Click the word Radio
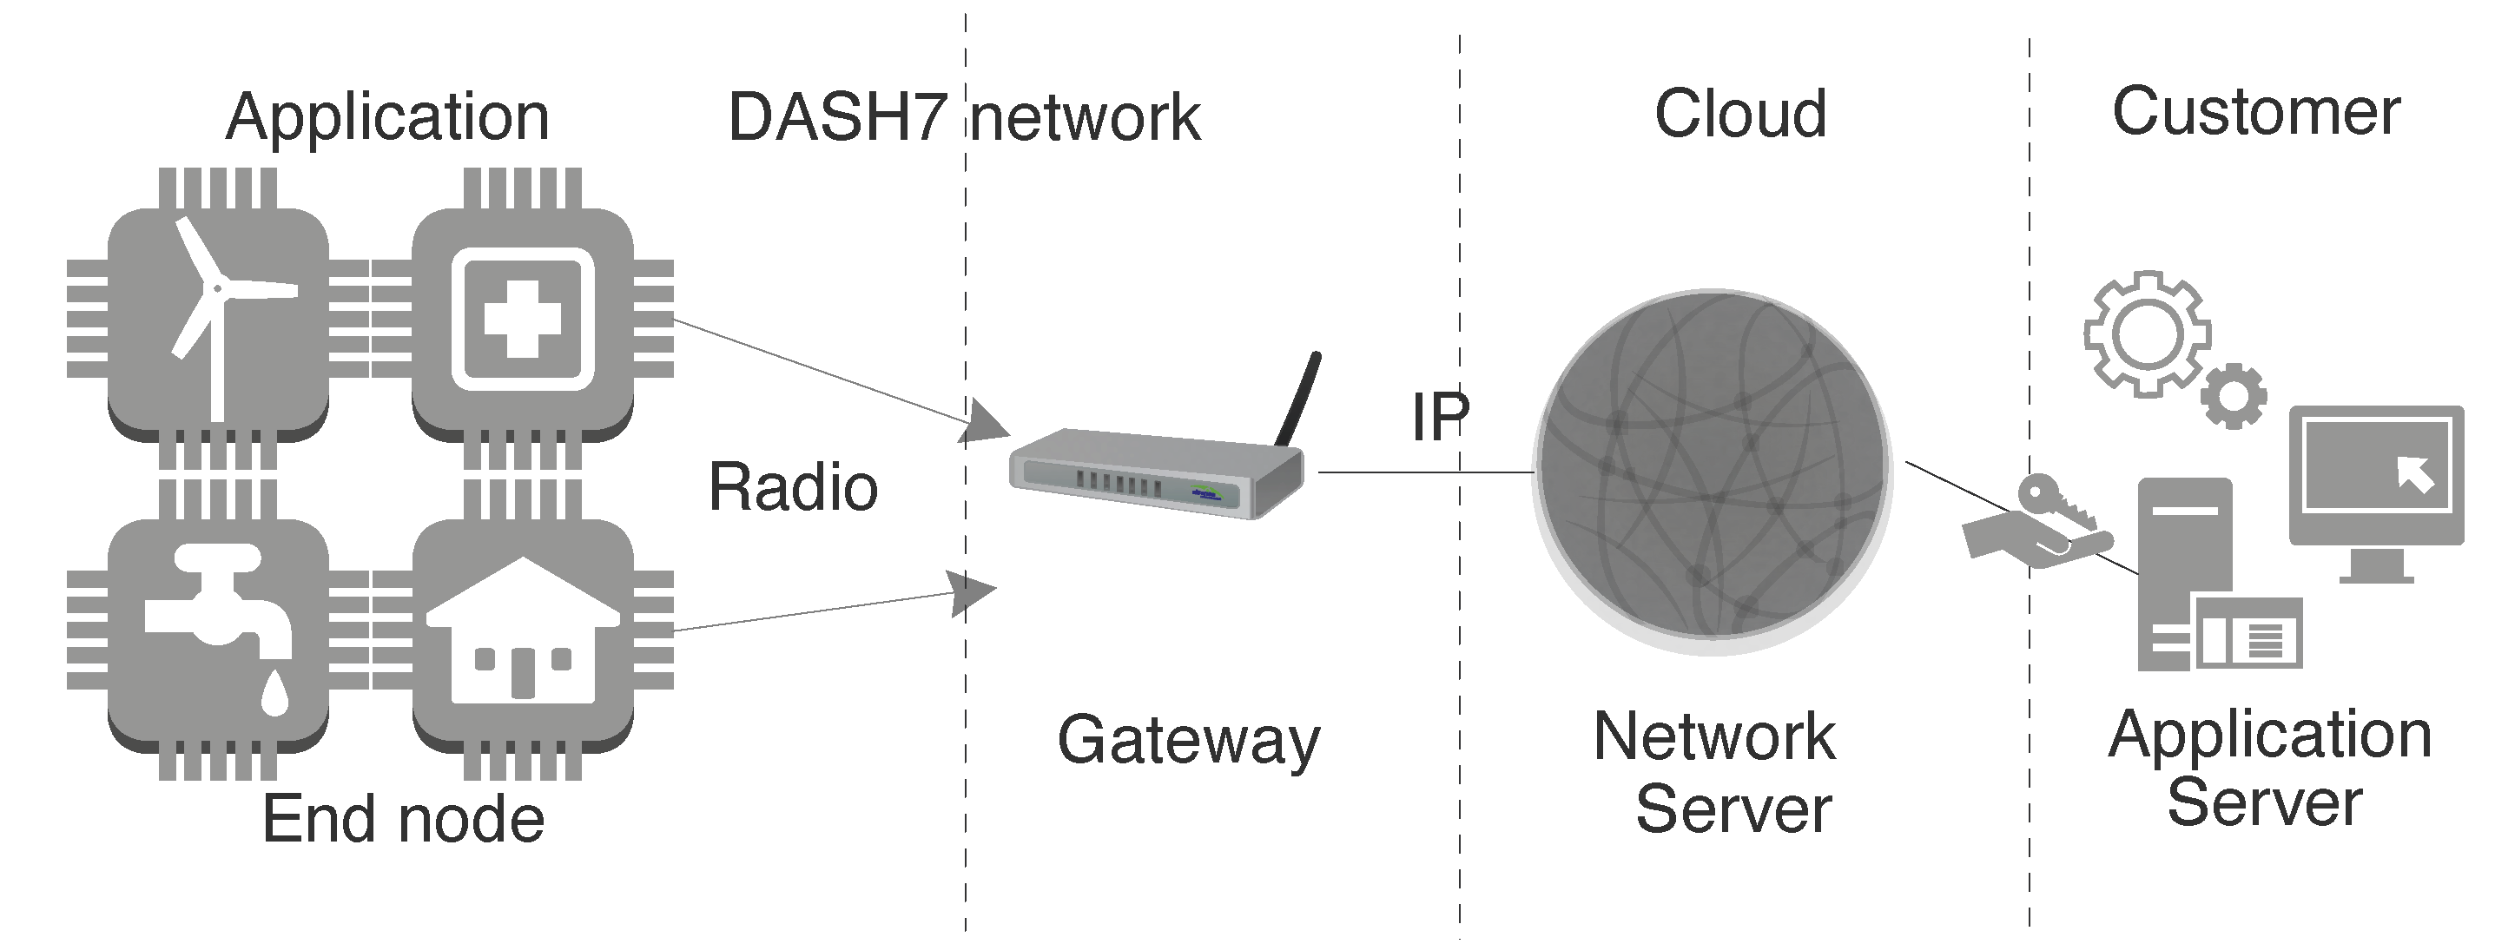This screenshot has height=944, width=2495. (x=792, y=487)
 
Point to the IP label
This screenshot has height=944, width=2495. (x=1439, y=418)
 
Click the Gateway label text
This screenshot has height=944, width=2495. (x=1187, y=741)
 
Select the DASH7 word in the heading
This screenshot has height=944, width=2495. (x=837, y=117)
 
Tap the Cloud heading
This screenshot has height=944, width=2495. (x=1739, y=115)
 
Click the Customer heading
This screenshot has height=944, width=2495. (x=2254, y=112)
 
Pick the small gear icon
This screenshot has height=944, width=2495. (x=2233, y=396)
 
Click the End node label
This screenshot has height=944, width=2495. (x=403, y=819)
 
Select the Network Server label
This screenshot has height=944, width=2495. (x=1713, y=772)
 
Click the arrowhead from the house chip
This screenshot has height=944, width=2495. (x=972, y=592)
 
